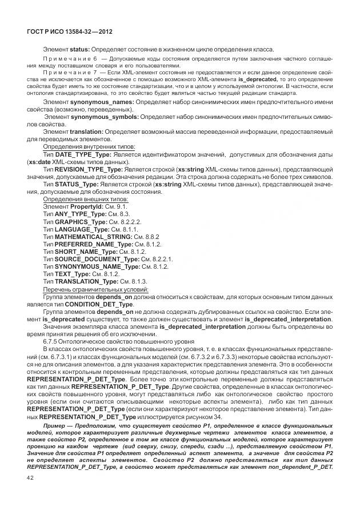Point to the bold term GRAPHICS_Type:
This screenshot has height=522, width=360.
81,221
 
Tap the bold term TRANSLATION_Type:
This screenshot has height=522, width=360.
86,281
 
